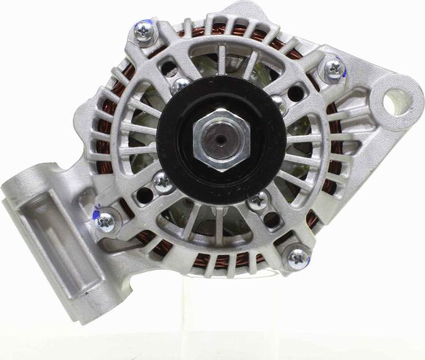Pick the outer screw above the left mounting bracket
tap(106, 219)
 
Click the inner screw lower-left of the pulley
tap(163, 182)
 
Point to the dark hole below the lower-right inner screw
tap(271, 219)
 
